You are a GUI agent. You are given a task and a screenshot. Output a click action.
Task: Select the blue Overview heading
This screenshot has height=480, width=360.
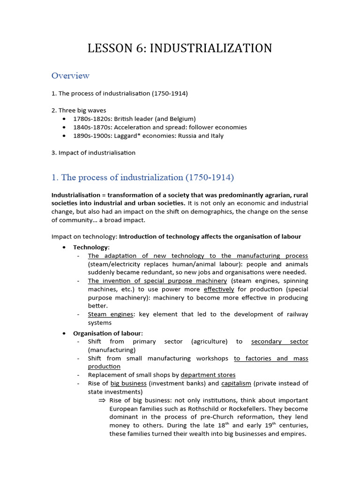(70, 75)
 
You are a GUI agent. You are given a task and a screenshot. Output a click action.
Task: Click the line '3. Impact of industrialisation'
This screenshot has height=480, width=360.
(93, 153)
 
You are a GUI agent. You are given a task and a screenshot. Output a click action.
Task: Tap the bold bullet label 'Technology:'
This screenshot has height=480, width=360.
(91, 247)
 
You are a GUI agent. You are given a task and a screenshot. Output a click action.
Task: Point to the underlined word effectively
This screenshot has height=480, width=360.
(219, 289)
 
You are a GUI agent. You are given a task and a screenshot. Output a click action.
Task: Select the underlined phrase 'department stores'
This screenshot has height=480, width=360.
(208, 375)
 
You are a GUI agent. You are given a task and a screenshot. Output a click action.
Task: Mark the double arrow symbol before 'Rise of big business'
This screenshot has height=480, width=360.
(102, 400)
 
